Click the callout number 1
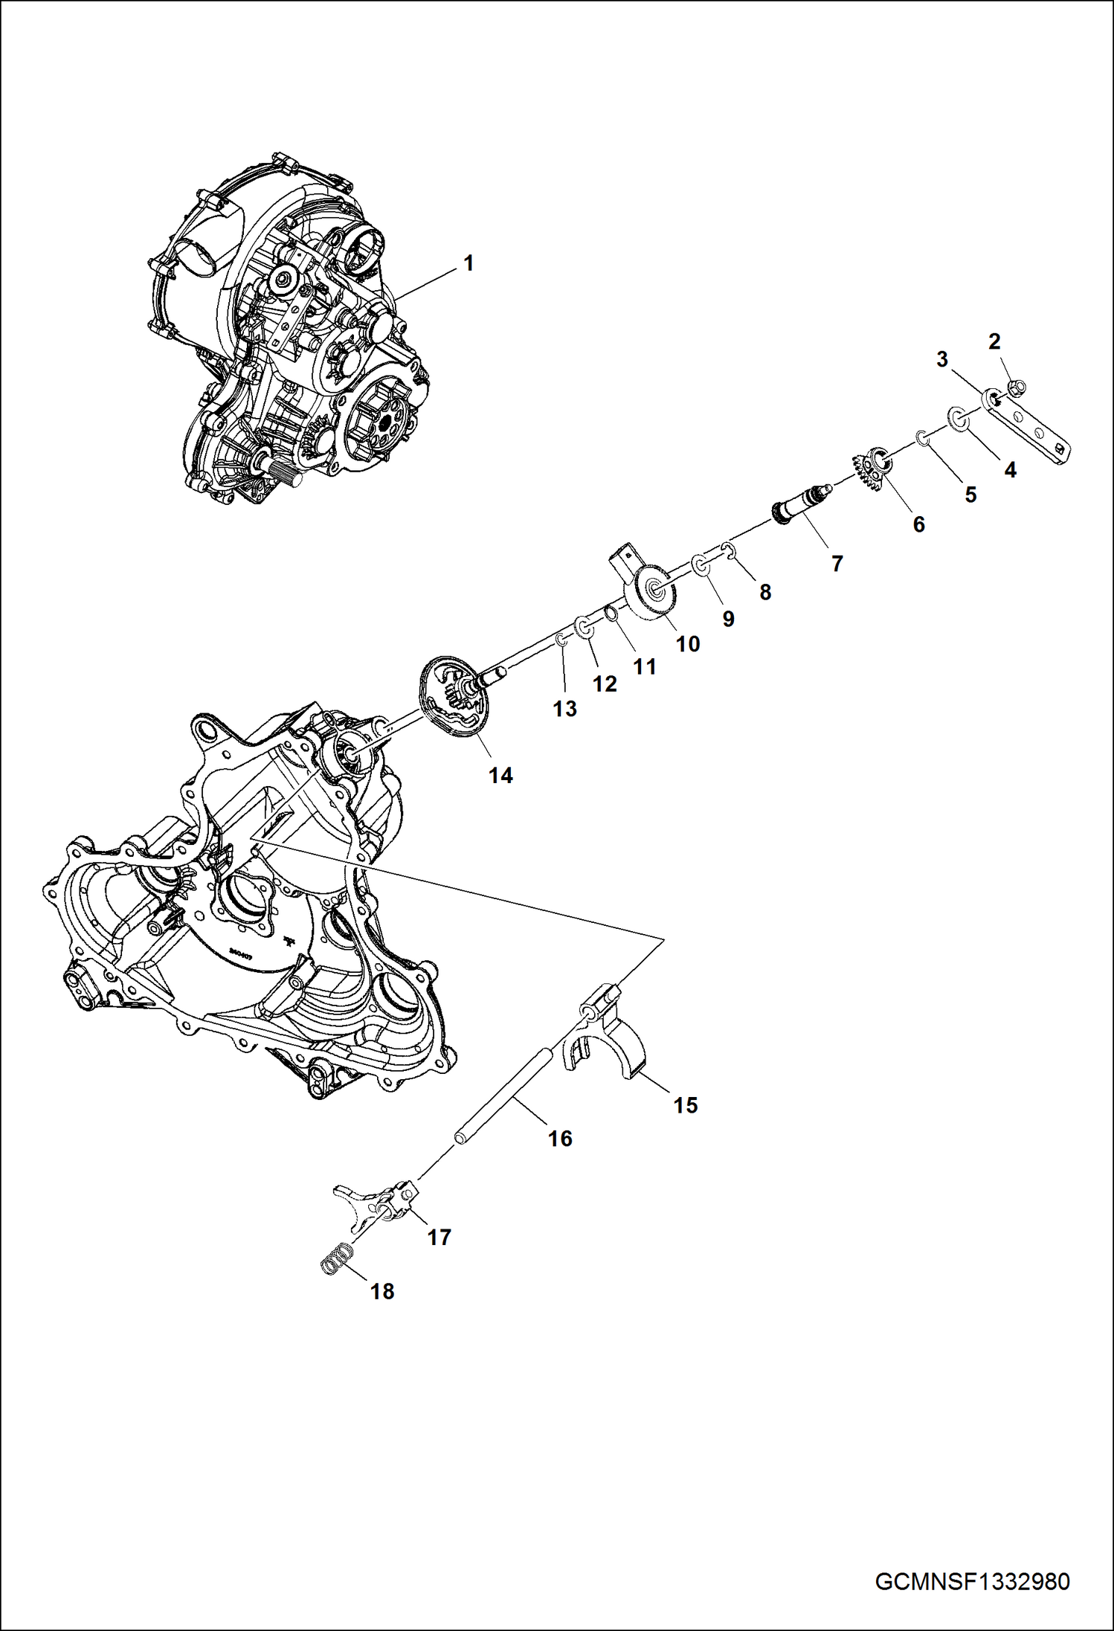(468, 263)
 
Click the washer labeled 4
(959, 419)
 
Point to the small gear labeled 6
(872, 471)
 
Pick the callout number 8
(765, 592)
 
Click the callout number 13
(564, 708)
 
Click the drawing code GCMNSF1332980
(972, 1581)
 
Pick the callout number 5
(970, 495)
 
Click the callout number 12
(605, 683)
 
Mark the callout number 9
(728, 619)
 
